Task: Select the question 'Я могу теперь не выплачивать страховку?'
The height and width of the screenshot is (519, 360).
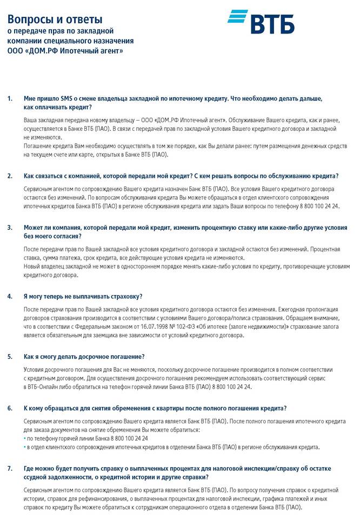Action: pos(83,296)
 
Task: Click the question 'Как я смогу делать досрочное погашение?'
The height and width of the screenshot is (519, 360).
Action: pos(84,357)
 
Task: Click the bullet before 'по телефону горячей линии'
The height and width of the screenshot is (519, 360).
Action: pos(25,438)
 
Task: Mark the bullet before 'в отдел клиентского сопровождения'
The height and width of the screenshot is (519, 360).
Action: pos(25,447)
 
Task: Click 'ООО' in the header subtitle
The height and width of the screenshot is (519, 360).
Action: pos(15,51)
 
